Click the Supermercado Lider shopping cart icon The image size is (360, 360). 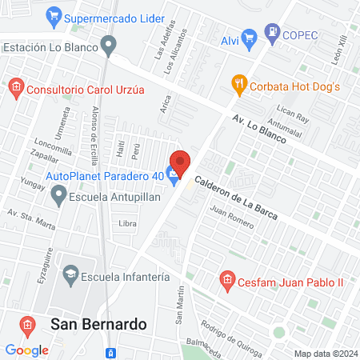(x=54, y=15)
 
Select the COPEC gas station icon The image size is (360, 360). (x=274, y=34)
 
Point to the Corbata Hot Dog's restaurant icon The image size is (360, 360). (x=238, y=82)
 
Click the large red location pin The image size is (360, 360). (x=180, y=163)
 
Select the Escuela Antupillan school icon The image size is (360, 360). (x=58, y=194)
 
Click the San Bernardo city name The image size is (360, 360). (x=98, y=324)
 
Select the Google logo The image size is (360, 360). (x=26, y=350)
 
